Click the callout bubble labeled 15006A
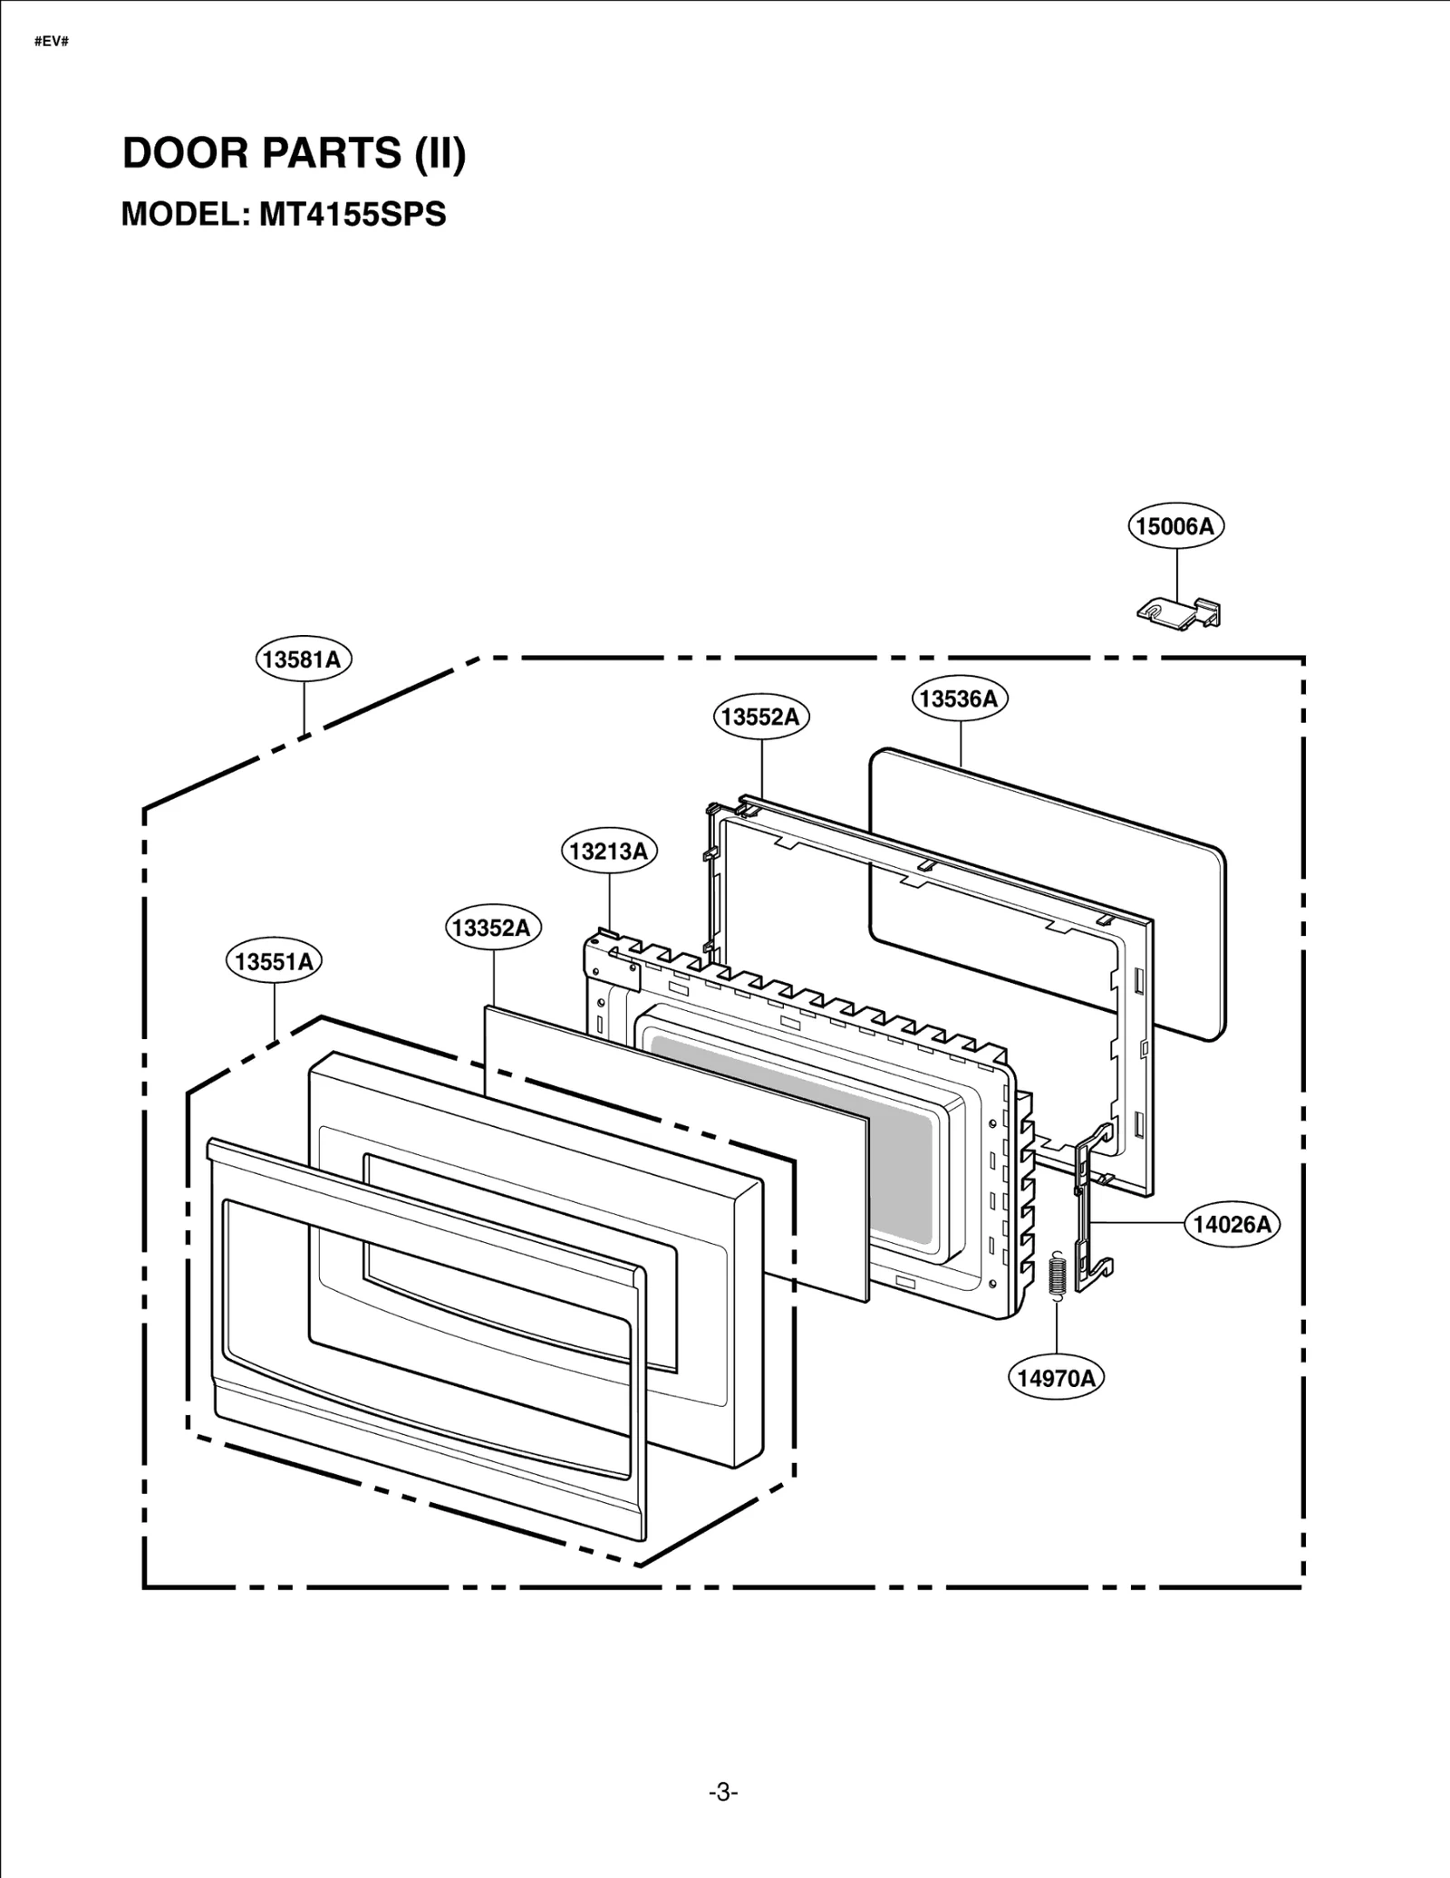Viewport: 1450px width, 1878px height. (1175, 526)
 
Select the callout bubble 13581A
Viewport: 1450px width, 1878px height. (303, 660)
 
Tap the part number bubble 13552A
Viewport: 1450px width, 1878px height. (760, 717)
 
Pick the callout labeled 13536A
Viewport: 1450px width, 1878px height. (959, 698)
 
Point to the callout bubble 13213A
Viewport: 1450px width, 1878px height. (609, 852)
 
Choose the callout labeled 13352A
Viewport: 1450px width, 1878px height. (493, 928)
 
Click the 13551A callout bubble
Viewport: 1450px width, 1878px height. (274, 961)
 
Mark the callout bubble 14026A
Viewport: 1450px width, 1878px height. (1232, 1225)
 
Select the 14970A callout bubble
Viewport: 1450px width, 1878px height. (1056, 1379)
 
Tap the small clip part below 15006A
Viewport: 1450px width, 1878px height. (1178, 612)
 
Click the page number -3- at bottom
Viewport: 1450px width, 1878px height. (723, 1793)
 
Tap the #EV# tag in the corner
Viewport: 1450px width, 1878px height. (52, 43)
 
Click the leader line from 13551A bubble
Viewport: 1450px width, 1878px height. (274, 1010)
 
